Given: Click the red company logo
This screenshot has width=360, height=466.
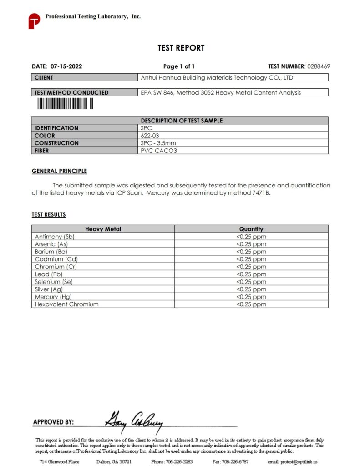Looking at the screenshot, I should coord(34,21).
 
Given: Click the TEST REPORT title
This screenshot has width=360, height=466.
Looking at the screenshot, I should coord(181,48).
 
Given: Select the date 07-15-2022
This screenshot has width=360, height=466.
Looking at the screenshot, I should coord(66,66).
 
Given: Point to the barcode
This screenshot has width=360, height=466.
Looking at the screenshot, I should coord(65,104).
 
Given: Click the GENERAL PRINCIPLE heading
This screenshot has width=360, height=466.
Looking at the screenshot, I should coord(59,171).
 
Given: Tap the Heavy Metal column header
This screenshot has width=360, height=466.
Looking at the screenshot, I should coord(103,229).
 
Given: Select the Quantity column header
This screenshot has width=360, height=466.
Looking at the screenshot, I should coord(251,229).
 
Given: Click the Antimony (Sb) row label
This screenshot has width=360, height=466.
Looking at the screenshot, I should coord(55,237).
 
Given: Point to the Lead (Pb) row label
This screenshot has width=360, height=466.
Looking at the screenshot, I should coord(49,274).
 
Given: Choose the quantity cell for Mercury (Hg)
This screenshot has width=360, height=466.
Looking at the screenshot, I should coord(251,297).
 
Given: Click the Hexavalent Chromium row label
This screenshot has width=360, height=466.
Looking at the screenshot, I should coord(66,304).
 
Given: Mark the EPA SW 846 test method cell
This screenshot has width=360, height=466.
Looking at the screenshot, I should coord(221,92).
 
